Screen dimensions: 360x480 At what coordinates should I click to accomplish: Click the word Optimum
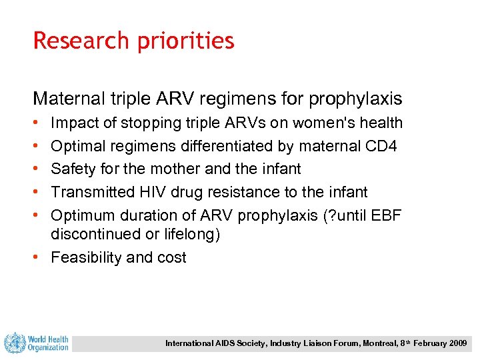tap(82, 215)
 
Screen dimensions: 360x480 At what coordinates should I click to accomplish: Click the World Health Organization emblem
tap(14, 343)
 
